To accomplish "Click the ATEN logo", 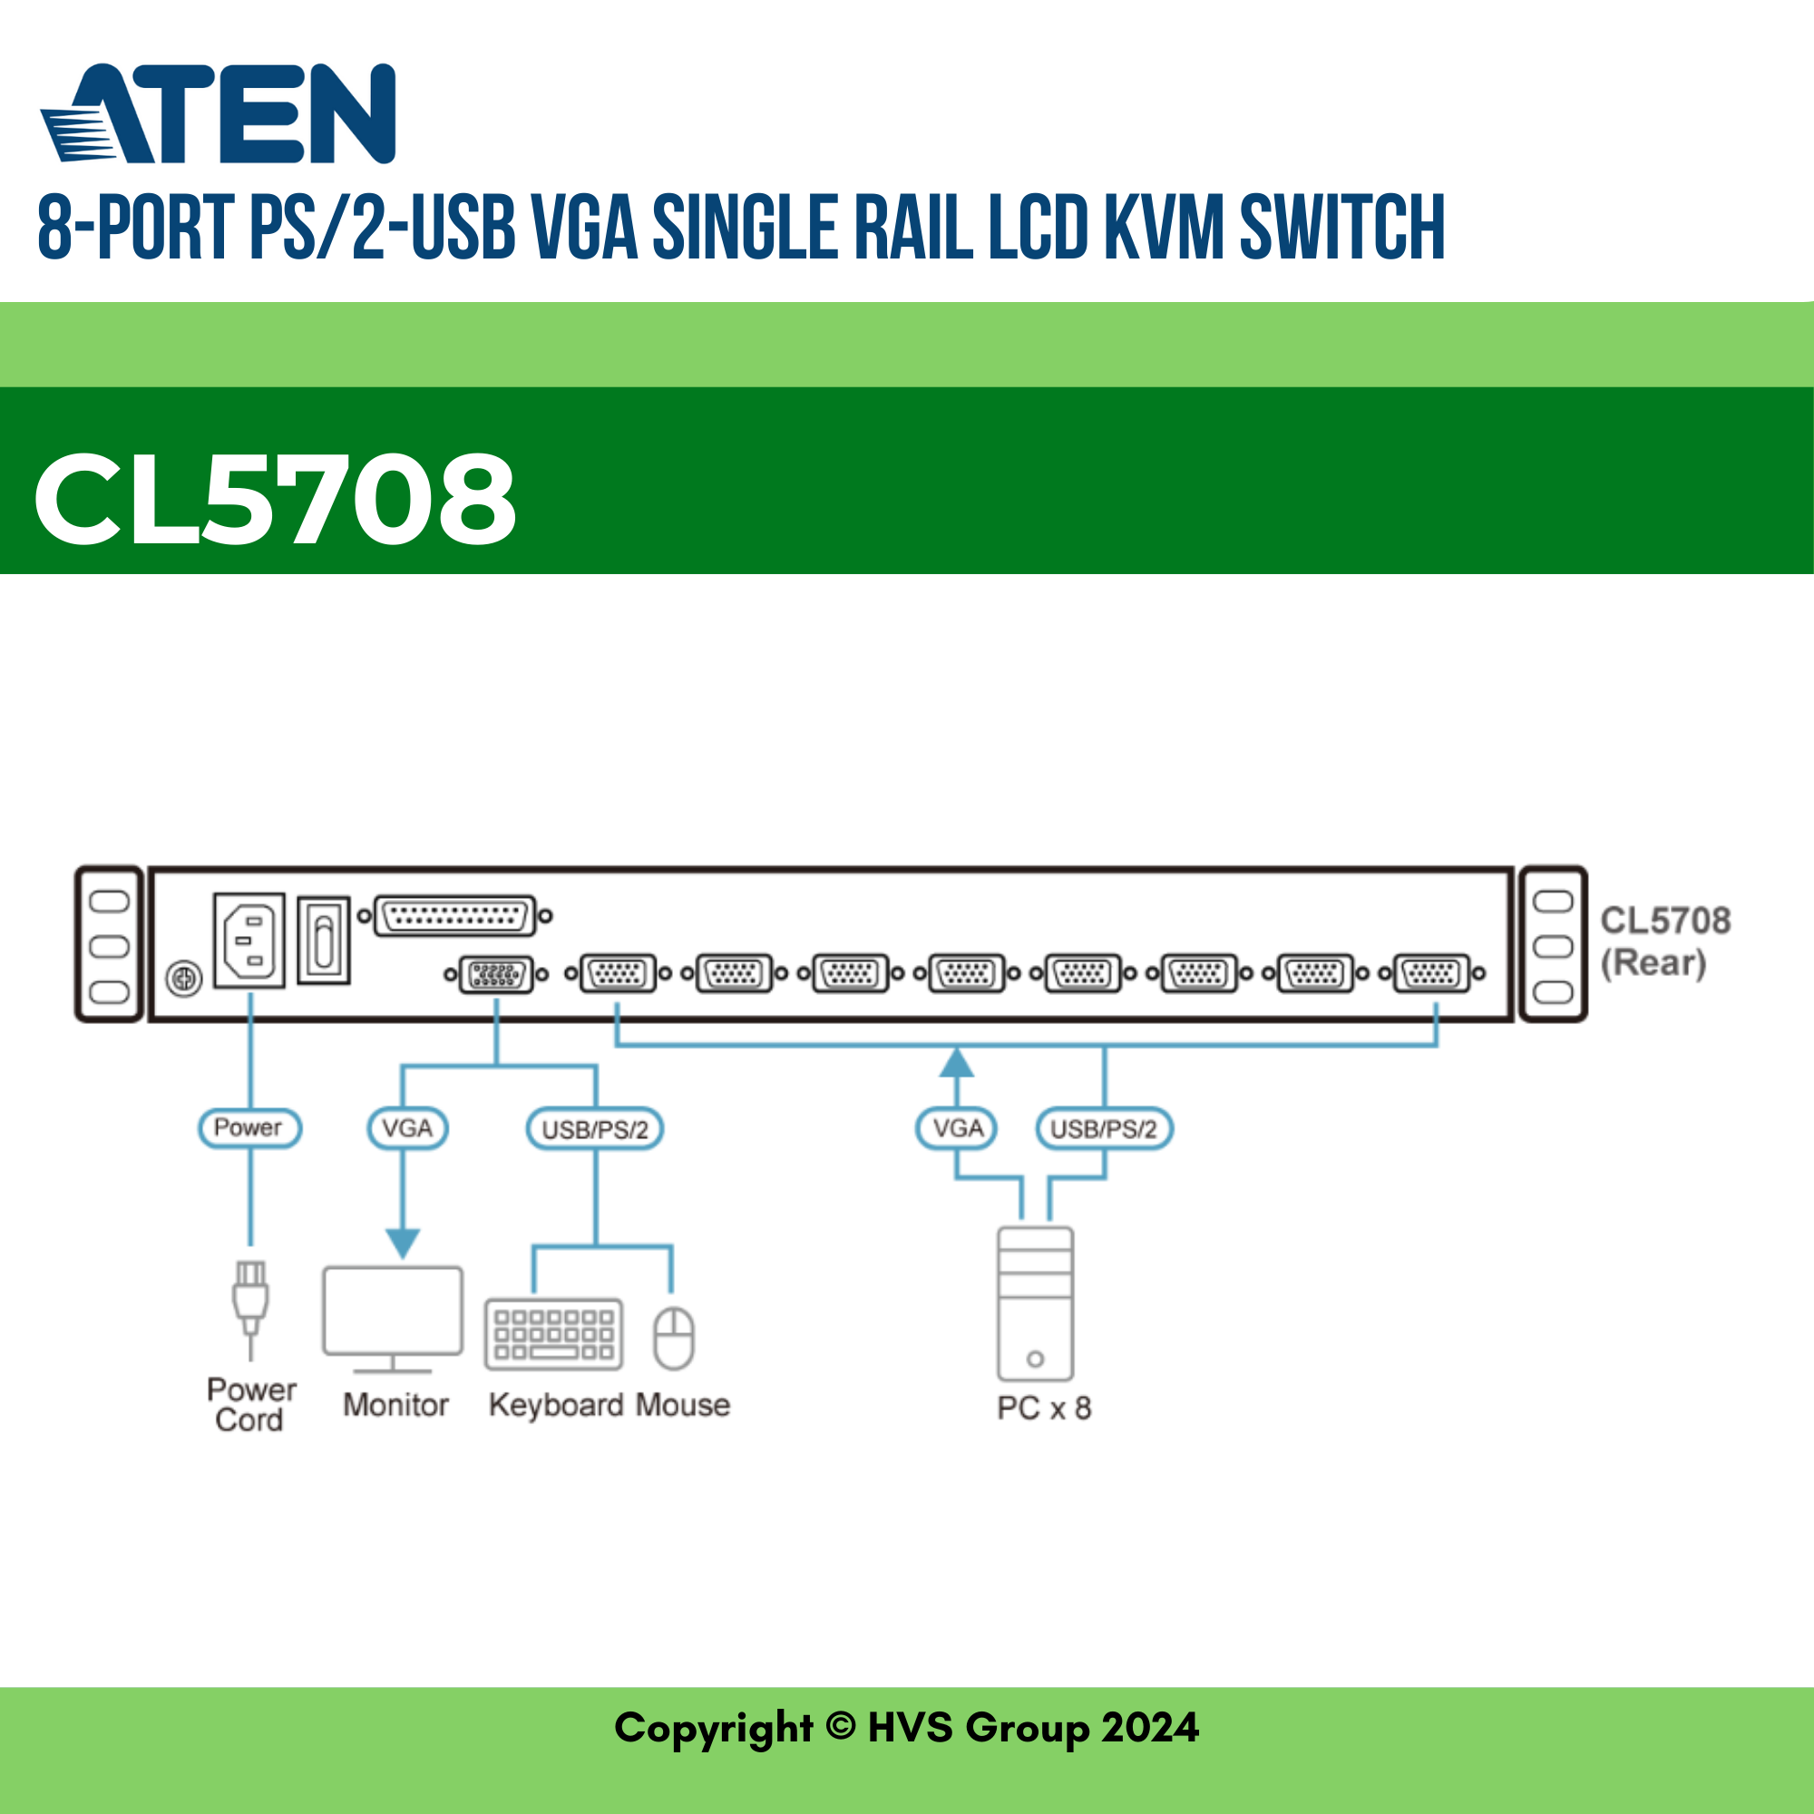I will click(x=218, y=113).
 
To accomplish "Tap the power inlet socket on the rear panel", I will click(x=249, y=940).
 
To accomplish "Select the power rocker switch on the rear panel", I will click(x=324, y=940).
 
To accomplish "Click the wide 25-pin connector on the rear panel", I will click(x=454, y=915).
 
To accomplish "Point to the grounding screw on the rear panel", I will click(x=184, y=980).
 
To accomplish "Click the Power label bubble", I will click(x=249, y=1127).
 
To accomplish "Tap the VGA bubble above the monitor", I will click(x=406, y=1128).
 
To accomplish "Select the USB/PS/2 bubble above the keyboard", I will click(x=594, y=1129).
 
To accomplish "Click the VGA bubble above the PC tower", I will click(x=957, y=1128).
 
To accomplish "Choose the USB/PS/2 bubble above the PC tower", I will click(x=1103, y=1129).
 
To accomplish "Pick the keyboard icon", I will click(x=554, y=1334).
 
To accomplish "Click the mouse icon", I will click(x=673, y=1338).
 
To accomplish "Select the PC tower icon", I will click(x=1035, y=1304).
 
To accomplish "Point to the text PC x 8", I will click(x=1043, y=1409).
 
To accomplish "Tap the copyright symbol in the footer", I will click(x=841, y=1726).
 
